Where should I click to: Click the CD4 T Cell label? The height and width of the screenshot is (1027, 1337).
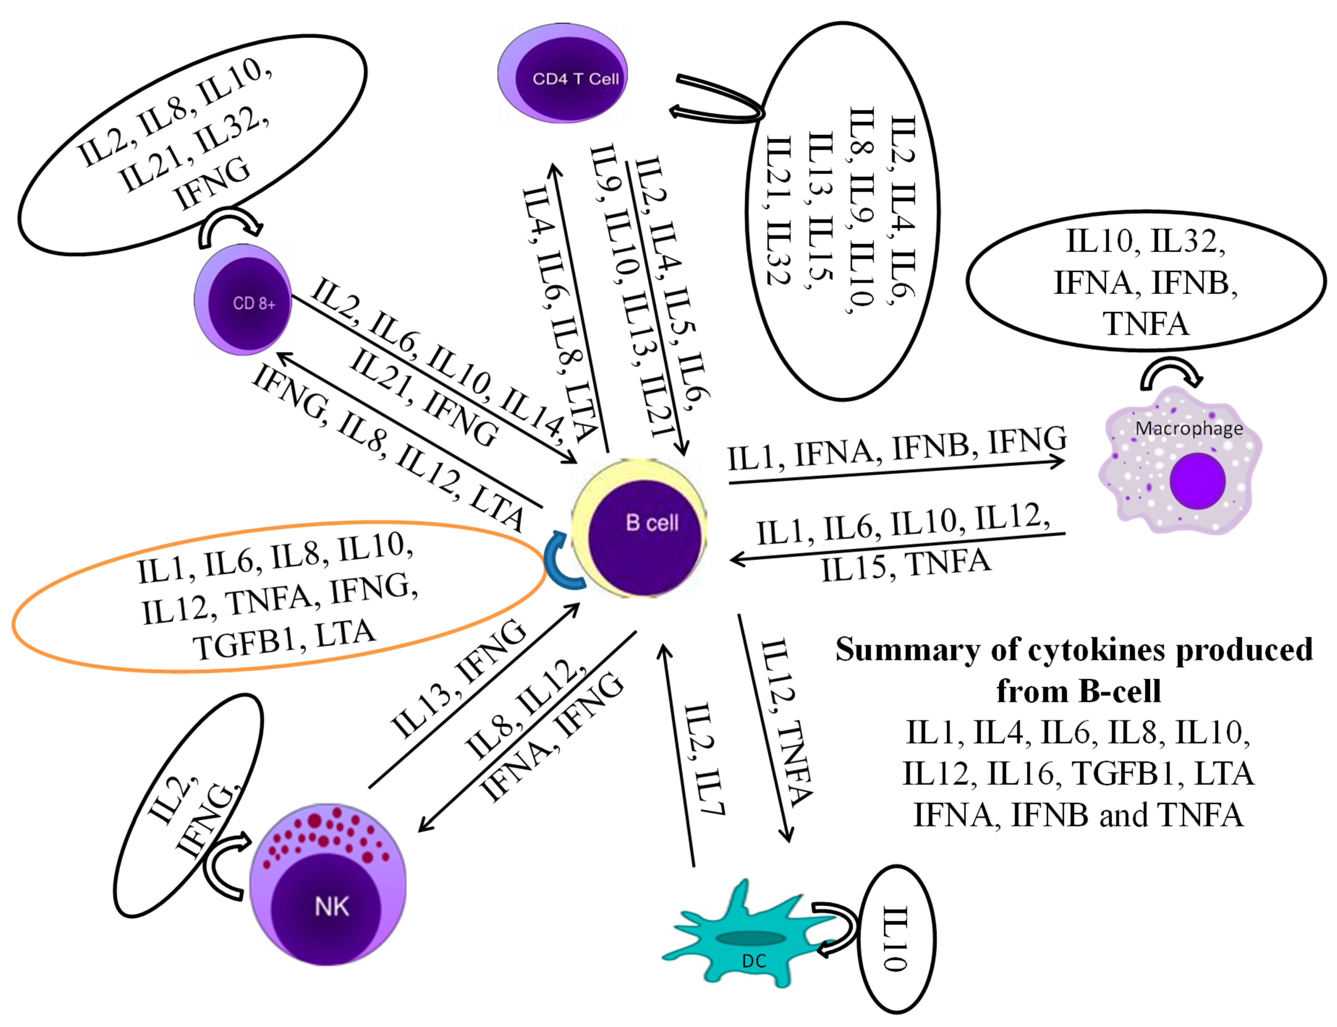coord(575,79)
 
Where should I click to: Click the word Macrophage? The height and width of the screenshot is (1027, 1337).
coord(1188,428)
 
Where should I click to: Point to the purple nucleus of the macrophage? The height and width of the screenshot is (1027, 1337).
coord(1197,481)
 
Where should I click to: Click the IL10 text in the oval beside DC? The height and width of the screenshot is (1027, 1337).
coord(895,939)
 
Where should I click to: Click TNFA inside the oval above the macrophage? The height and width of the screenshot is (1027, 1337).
coord(1146,324)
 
